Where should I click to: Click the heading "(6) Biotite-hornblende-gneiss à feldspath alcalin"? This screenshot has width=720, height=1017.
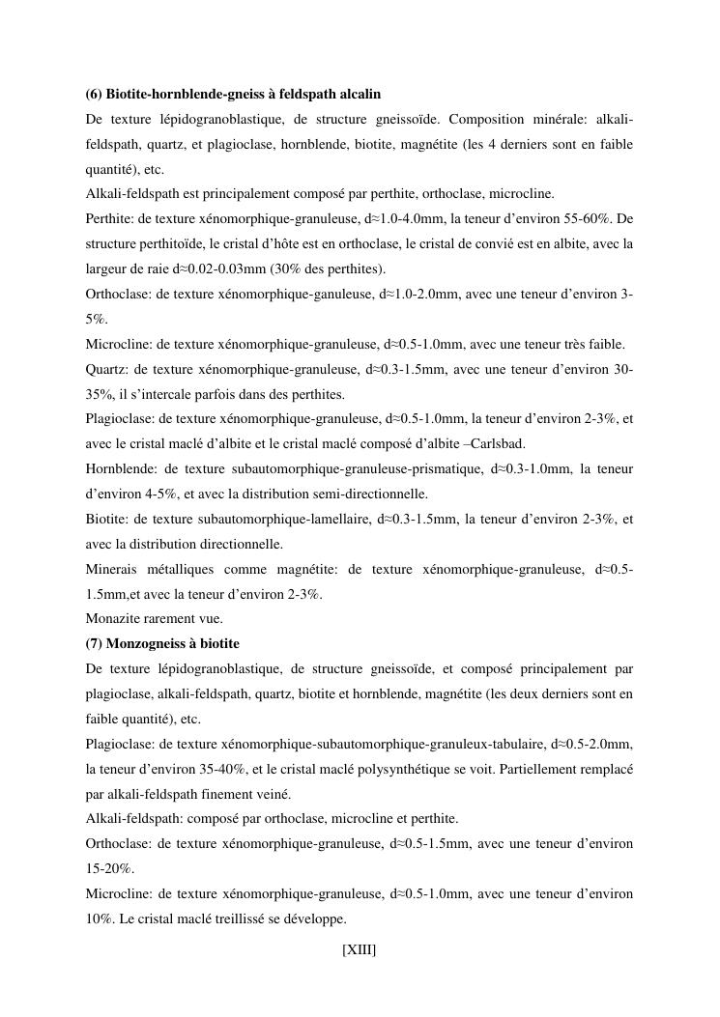(x=233, y=94)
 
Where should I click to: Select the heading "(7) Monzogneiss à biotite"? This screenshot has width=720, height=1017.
(x=162, y=643)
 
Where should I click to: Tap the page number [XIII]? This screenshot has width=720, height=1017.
(x=360, y=950)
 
